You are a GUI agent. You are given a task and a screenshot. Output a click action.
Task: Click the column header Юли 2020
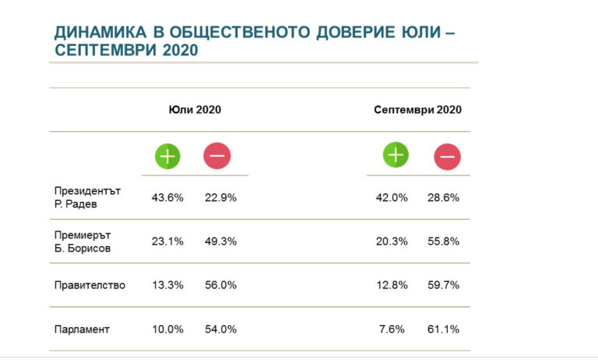(x=195, y=110)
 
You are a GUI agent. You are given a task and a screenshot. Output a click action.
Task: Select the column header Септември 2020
(x=417, y=110)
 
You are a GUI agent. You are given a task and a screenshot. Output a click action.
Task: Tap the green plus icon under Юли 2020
(x=167, y=156)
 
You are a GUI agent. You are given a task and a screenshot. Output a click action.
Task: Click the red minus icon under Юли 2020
(x=216, y=156)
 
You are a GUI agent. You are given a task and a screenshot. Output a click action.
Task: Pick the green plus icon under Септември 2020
(x=396, y=155)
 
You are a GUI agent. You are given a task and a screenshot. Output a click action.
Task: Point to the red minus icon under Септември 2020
(x=447, y=157)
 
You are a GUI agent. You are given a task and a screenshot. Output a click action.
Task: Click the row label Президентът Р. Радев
(x=87, y=197)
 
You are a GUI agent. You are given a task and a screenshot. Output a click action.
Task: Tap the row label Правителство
(x=90, y=285)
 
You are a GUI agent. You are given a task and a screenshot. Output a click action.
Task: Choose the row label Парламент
(x=82, y=330)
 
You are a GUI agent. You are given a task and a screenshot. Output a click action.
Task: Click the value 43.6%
(x=167, y=198)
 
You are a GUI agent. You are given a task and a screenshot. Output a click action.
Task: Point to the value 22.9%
(x=220, y=198)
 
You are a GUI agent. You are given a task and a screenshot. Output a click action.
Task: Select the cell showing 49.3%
(x=220, y=242)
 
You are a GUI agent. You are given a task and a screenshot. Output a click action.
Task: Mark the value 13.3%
(x=167, y=285)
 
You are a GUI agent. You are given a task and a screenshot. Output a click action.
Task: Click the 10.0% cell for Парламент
(x=167, y=330)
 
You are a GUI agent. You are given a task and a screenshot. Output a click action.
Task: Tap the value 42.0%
(x=392, y=198)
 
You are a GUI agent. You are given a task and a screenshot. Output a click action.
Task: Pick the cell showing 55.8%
(x=443, y=242)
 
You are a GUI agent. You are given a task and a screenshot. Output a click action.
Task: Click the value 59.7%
(x=443, y=285)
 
